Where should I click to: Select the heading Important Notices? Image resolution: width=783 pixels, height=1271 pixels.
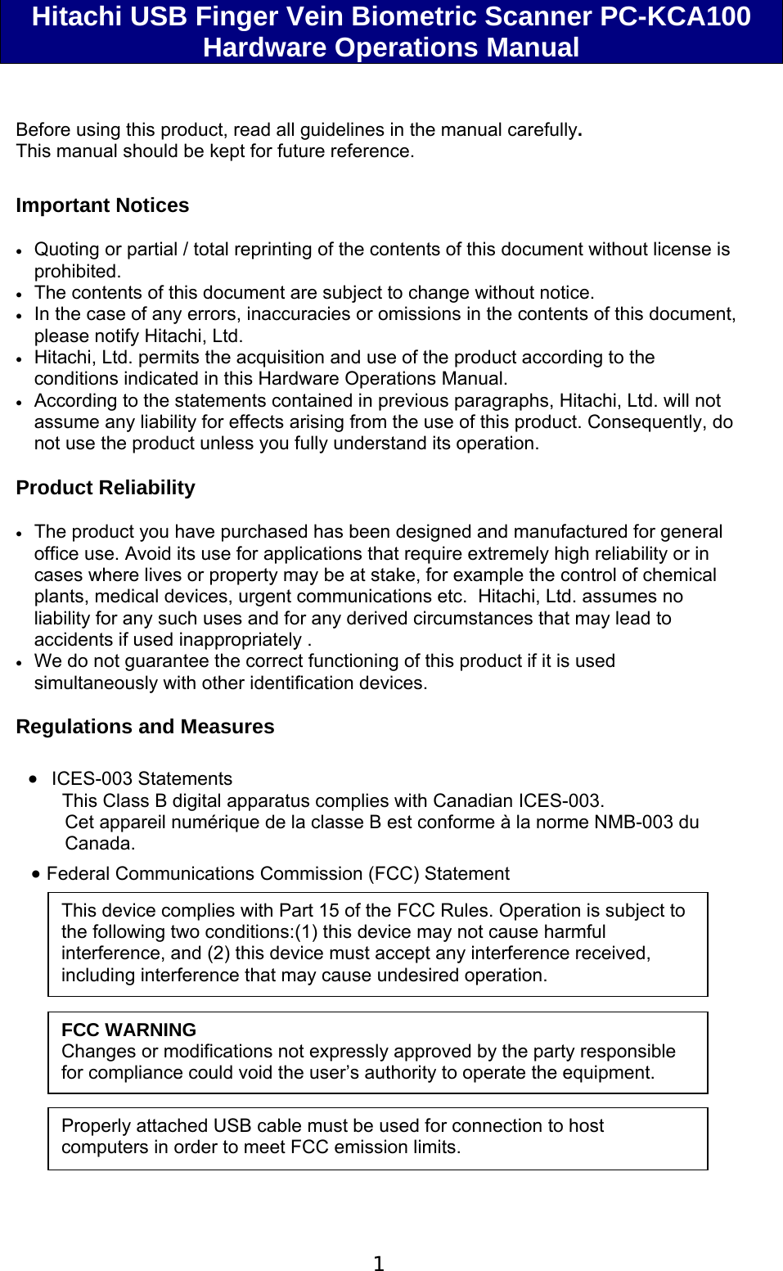(x=102, y=205)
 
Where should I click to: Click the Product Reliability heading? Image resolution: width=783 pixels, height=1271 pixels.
(x=106, y=488)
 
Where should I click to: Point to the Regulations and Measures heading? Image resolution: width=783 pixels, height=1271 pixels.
(x=145, y=727)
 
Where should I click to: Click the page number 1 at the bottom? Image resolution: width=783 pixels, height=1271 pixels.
(x=378, y=1264)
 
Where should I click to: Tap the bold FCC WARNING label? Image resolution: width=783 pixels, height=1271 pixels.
(x=128, y=1030)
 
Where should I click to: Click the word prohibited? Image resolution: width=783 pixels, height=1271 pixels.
(x=77, y=271)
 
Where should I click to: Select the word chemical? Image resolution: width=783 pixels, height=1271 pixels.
(x=679, y=575)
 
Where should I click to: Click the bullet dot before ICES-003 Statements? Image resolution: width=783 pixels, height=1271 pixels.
(x=33, y=779)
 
